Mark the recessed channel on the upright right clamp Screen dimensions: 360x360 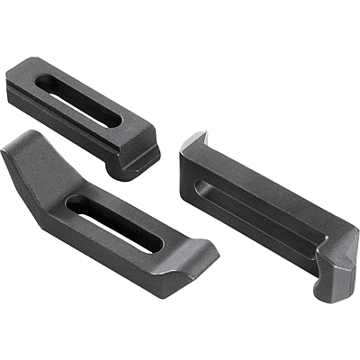pyautogui.click(x=261, y=216)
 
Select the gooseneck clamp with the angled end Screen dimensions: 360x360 pyautogui.click(x=108, y=216)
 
